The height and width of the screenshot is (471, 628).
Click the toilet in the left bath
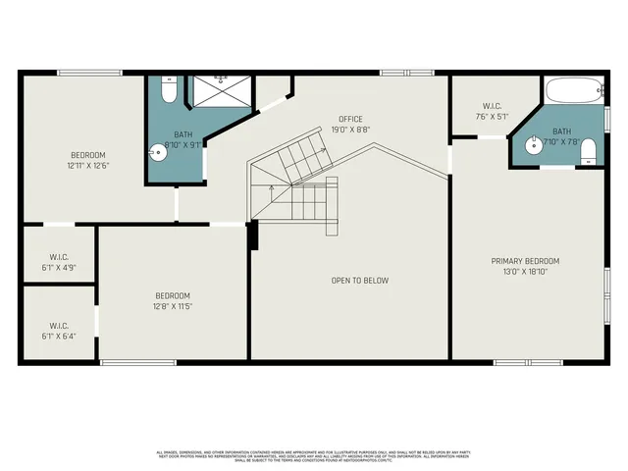pos(168,92)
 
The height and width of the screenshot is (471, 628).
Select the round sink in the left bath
pos(159,152)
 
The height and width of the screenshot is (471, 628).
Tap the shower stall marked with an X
pos(221,91)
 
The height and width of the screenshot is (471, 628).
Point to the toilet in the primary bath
pos(589,150)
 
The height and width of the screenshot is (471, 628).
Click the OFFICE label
pos(350,119)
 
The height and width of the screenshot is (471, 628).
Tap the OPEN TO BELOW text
pos(359,281)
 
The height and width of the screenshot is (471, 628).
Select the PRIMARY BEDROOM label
pos(525,261)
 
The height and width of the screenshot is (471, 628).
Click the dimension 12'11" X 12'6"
pos(87,166)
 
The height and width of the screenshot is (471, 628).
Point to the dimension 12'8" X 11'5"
pos(173,306)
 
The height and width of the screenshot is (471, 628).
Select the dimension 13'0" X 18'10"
pos(525,271)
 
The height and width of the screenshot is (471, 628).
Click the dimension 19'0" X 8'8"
pos(350,129)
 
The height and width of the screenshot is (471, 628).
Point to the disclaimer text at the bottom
pos(314,455)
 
